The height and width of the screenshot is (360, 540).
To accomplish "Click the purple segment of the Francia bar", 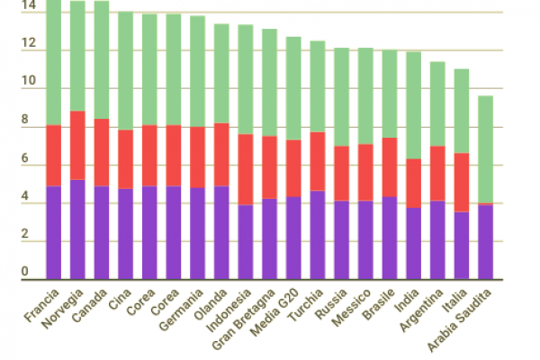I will point(54,232).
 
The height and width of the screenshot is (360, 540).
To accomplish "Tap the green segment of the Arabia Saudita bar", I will point(485,149).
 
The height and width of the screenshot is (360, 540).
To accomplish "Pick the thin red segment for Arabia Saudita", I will point(485,204).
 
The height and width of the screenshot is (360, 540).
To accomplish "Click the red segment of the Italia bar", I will point(461,182).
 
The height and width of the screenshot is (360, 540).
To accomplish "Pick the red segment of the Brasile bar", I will point(390,166).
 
